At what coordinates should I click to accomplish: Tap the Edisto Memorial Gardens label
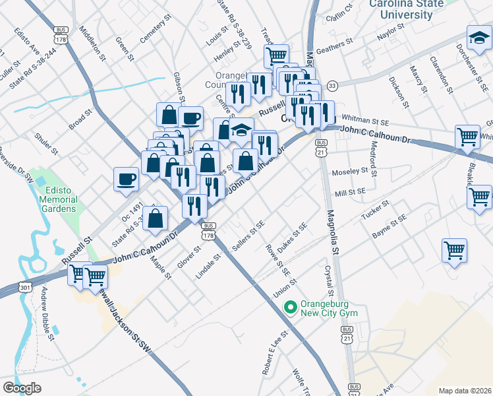58,199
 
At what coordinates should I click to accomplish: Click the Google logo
22,388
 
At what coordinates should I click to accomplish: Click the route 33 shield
333,86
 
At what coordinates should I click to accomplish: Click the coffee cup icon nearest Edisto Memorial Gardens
126,179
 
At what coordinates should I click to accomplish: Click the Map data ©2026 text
464,390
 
